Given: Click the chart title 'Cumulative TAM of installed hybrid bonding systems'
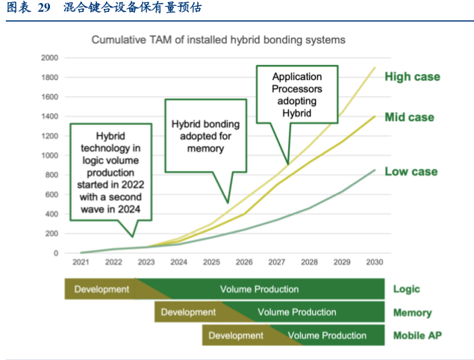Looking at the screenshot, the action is [x=218, y=40].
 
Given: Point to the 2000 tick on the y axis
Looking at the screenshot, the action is [x=49, y=58].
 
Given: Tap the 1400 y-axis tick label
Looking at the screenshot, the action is [x=49, y=117].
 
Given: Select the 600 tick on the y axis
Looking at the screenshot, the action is [x=52, y=194].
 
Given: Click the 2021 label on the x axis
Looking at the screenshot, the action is [x=81, y=262].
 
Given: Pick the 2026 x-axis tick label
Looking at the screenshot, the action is [x=244, y=262].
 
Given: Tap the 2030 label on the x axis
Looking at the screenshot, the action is [x=375, y=262].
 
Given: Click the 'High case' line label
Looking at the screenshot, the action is [x=412, y=77].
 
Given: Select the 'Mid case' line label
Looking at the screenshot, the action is [x=409, y=117].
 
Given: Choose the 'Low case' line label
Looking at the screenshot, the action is [x=411, y=172].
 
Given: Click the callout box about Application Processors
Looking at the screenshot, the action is [x=297, y=94].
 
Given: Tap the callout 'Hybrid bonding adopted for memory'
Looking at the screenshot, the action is [x=205, y=136].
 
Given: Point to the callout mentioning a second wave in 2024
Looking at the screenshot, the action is [x=110, y=172].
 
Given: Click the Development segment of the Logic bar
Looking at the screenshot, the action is [x=102, y=289].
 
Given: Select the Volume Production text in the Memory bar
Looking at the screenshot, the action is [x=297, y=312].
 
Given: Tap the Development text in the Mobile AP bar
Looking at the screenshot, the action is [x=236, y=335].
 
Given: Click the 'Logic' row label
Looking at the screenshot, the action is [x=406, y=289].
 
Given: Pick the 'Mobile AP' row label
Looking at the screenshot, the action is [x=417, y=335].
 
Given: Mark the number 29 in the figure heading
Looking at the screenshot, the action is [x=44, y=7].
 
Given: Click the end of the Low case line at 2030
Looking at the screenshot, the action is [x=375, y=170].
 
